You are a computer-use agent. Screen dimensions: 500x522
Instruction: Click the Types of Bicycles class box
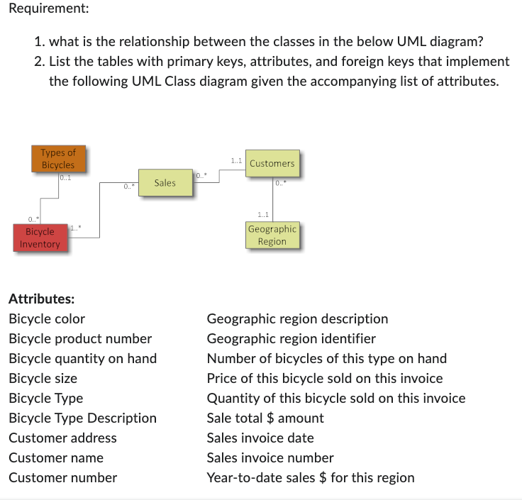click(57, 158)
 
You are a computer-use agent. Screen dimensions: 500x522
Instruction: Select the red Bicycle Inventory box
click(40, 238)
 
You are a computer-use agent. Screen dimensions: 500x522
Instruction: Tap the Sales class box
click(165, 183)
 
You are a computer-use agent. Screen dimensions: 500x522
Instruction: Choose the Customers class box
click(272, 163)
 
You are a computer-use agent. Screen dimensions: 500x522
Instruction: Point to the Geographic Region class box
click(272, 235)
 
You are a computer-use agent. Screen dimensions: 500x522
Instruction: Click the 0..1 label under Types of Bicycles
click(65, 177)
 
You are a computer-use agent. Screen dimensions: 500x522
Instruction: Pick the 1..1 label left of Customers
click(237, 162)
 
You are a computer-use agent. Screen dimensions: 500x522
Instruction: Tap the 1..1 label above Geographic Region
click(263, 213)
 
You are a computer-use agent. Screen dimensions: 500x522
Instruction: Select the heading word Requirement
click(44, 10)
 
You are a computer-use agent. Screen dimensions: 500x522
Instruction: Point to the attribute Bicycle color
click(47, 318)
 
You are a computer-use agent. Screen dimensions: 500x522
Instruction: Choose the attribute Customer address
click(62, 438)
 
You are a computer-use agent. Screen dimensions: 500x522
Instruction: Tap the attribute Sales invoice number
click(270, 457)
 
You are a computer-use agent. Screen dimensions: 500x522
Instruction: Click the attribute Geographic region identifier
click(291, 338)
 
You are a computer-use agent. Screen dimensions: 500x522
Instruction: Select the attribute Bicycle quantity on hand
click(82, 358)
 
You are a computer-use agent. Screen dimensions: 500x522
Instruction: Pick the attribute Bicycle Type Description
click(82, 418)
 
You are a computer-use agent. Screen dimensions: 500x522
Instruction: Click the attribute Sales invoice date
click(260, 438)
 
